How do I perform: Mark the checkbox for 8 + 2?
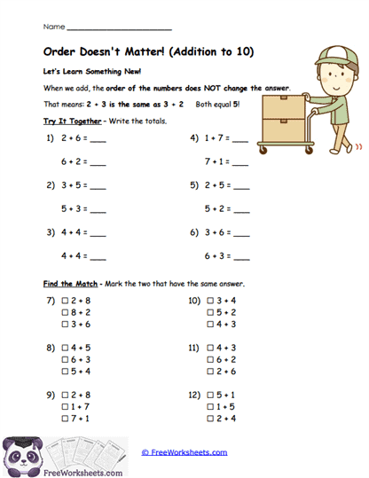tap(66, 313)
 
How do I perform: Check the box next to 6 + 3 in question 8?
tap(66, 360)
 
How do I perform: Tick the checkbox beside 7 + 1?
tap(66, 418)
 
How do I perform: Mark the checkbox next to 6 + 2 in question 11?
tap(209, 360)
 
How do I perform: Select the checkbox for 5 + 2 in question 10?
tap(209, 313)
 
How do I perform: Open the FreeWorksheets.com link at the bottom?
tap(184, 452)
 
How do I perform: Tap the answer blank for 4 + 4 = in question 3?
tap(98, 233)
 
